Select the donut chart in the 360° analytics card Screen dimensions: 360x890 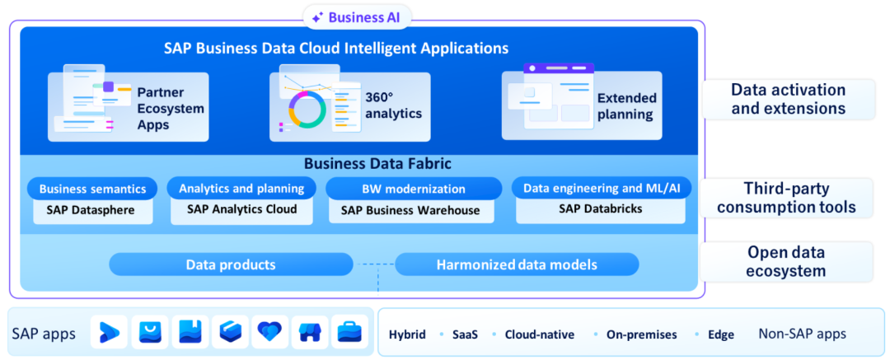tap(307, 109)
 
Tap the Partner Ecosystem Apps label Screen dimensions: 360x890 tap(171, 109)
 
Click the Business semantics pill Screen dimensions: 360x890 tap(92, 189)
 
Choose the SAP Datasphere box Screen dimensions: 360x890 tap(92, 209)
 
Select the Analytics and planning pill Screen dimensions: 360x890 tap(241, 188)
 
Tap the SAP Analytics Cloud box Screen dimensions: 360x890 tap(241, 209)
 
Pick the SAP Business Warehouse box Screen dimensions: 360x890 tap(410, 210)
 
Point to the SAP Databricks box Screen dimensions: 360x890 tap(600, 209)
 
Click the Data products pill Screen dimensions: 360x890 tap(231, 264)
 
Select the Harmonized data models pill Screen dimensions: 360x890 tap(517, 264)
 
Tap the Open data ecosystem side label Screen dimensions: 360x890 tap(786, 262)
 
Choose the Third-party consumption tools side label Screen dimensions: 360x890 tap(786, 198)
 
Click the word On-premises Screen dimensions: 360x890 tap(642, 334)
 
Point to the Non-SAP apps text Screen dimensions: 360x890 tap(802, 334)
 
